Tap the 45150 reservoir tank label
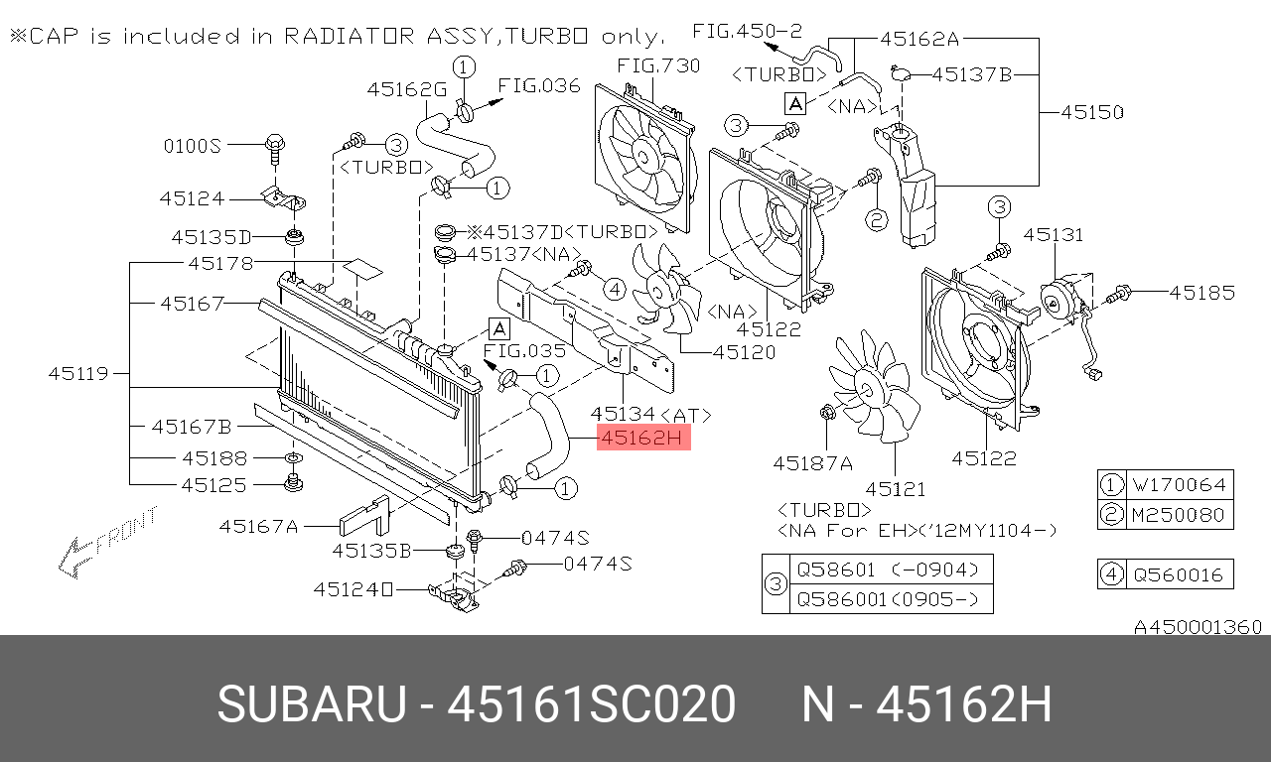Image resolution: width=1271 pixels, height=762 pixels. (1092, 112)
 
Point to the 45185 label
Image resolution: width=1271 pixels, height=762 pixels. (1201, 293)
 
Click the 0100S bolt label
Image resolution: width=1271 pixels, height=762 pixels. (192, 146)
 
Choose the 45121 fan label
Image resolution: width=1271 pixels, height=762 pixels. (895, 488)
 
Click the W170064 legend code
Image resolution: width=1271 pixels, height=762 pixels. (1179, 485)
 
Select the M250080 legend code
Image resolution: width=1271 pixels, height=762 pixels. (1179, 515)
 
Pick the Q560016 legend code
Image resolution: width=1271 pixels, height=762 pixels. (1179, 573)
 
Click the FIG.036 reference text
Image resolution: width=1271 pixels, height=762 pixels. (539, 85)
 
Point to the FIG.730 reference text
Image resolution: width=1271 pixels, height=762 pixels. (658, 66)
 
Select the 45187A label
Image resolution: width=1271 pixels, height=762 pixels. (812, 462)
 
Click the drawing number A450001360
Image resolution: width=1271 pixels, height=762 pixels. (1198, 627)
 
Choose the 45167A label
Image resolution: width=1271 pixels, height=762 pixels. (258, 526)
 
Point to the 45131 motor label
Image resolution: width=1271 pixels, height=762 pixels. (1054, 235)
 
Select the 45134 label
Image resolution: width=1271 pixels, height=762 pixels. (623, 413)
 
